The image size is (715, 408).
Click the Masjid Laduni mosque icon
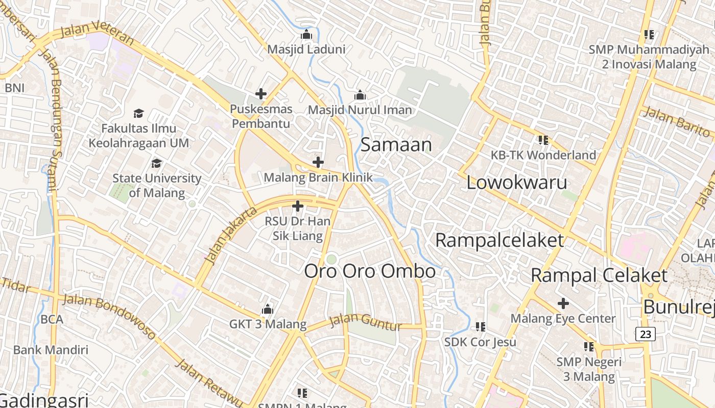pos(306,35)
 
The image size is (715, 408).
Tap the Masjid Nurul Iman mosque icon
pos(360,95)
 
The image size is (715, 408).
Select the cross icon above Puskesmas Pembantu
pos(261,94)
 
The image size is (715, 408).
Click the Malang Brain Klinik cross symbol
pos(318,163)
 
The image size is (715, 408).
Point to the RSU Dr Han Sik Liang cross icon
pos(298,207)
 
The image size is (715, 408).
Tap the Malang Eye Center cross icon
pos(563,304)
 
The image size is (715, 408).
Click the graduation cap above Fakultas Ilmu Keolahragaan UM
pos(138,113)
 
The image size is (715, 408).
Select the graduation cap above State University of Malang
pos(156,163)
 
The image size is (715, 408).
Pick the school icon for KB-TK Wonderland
pos(543,140)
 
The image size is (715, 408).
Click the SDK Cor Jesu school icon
pos(480,326)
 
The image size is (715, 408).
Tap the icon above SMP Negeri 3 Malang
pos(589,347)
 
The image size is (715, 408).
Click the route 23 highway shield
pos(646,334)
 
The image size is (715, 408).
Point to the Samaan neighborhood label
pos(396,145)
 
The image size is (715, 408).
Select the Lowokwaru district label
pos(517,183)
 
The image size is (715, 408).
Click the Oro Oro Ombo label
pos(370,271)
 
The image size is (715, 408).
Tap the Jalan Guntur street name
pos(366,321)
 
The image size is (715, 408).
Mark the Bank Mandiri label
pos(51,350)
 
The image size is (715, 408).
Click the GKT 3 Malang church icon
pos(267,310)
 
